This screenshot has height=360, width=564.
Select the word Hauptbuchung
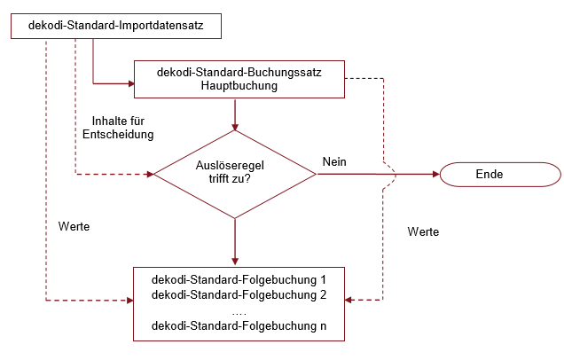pyautogui.click(x=239, y=86)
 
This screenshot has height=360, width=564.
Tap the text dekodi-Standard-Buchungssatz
pyautogui.click(x=239, y=72)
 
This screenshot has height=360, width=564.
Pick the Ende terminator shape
pyautogui.click(x=489, y=174)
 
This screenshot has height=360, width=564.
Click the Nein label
pyautogui.click(x=334, y=161)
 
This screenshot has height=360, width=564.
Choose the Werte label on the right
pyautogui.click(x=423, y=231)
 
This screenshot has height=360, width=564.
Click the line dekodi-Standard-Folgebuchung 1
pyautogui.click(x=239, y=278)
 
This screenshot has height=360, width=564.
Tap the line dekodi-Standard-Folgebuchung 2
pyautogui.click(x=239, y=294)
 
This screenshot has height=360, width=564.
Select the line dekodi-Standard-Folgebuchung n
pyautogui.click(x=239, y=327)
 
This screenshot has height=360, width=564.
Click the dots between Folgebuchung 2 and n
pyautogui.click(x=239, y=311)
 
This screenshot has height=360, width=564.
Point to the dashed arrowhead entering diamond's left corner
pyautogui.click(x=149, y=175)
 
